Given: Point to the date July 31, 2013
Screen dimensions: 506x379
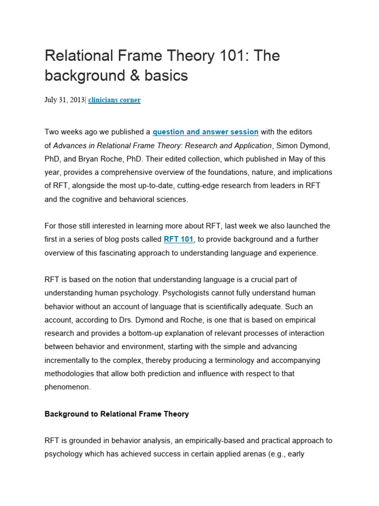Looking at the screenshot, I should click(x=65, y=100).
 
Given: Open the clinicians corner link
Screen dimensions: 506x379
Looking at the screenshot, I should click(x=114, y=100).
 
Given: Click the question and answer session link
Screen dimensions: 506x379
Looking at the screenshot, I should click(x=205, y=132).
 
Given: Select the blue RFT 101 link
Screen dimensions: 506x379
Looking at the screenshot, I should click(x=179, y=239).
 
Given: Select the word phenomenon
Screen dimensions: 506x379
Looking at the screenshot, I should click(x=68, y=387).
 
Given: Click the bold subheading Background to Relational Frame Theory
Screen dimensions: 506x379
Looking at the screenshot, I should click(x=116, y=414).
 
